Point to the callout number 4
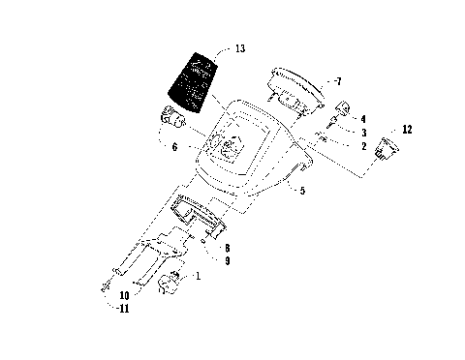[x=362, y=119]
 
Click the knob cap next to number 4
[x=344, y=108]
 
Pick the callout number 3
[x=362, y=132]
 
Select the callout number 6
[x=174, y=147]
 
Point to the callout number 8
[x=225, y=248]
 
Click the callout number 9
[x=225, y=260]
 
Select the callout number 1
[x=199, y=277]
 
